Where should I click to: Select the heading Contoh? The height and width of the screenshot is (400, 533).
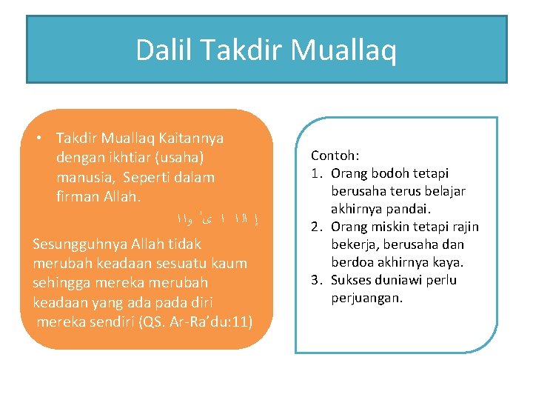(335, 156)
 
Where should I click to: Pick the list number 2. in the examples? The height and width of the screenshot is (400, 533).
(316, 227)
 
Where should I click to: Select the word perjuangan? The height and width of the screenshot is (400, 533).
(366, 298)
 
